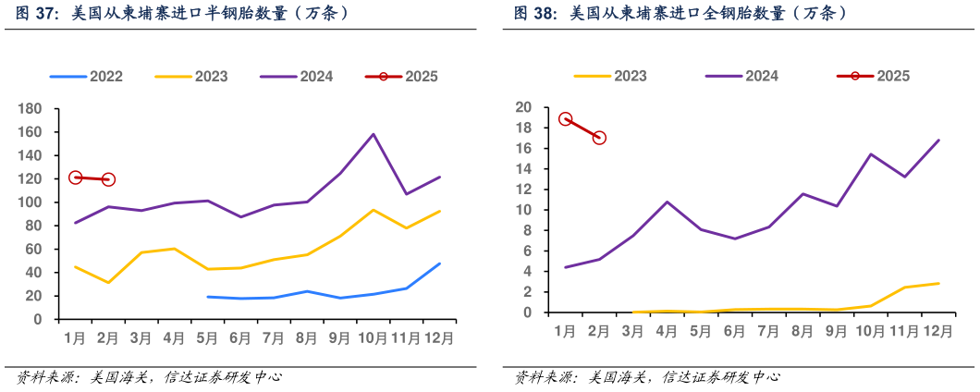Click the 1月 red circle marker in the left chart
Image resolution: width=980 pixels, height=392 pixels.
pos(76,178)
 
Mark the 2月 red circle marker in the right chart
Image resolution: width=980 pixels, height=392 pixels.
pos(599,138)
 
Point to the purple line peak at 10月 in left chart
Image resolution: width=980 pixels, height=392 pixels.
pos(374,134)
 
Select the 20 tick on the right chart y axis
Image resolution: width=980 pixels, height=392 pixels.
pos(524,107)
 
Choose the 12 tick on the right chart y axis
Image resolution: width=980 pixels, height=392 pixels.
pos(524,190)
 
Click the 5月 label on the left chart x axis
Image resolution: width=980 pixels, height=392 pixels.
pos(207,338)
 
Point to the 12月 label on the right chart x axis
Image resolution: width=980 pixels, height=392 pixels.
pos(937,331)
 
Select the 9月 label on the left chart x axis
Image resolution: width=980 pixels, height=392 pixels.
pos(340,338)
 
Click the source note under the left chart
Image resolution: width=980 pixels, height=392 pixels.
pos(147,377)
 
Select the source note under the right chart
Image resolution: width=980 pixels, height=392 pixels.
pos(645,377)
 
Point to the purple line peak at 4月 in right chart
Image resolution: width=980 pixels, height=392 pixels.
pos(667,202)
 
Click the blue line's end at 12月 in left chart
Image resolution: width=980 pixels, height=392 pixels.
pos(440,263)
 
